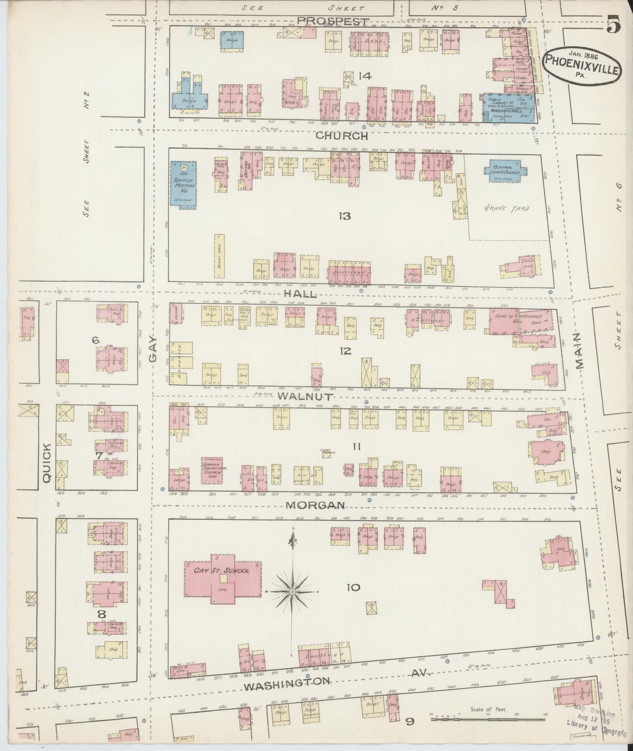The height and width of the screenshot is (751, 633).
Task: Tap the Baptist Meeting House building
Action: (x=183, y=183)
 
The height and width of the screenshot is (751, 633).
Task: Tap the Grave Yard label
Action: (x=506, y=209)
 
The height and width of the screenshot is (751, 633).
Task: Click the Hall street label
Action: (x=300, y=294)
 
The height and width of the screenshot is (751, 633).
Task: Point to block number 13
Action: (x=345, y=216)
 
